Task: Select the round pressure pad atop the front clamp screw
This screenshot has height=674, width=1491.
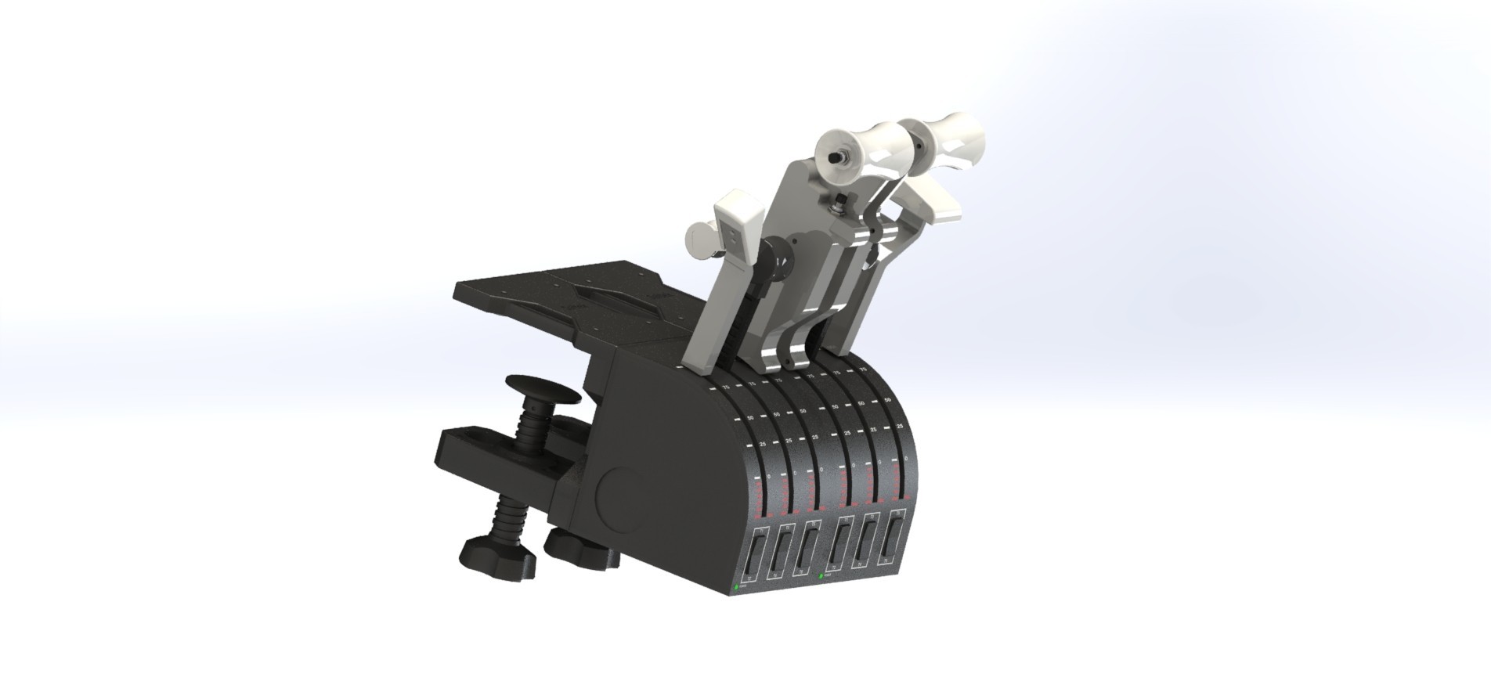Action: [x=541, y=387]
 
